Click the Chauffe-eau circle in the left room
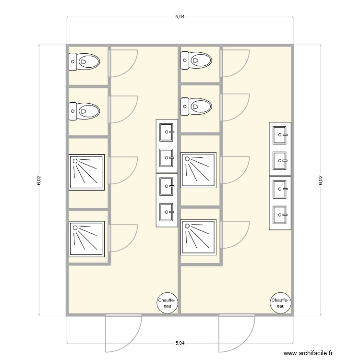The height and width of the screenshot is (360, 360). click(168, 302)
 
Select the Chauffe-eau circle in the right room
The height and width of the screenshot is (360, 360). click(281, 302)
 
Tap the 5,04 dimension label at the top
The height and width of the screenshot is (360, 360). click(180, 17)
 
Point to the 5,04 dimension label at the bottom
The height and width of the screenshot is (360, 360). click(180, 343)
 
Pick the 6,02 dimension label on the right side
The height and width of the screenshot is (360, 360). click(320, 180)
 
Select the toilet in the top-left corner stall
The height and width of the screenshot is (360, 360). click(84, 61)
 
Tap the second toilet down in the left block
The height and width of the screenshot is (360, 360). click(84, 111)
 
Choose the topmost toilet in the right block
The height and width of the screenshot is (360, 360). click(196, 60)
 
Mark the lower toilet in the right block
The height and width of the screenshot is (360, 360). click(196, 106)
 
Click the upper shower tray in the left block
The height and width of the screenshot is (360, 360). click(87, 172)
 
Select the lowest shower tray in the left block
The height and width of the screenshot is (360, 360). click(87, 239)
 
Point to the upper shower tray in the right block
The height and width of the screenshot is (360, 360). click(199, 169)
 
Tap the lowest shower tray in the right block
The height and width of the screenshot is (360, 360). click(199, 237)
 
